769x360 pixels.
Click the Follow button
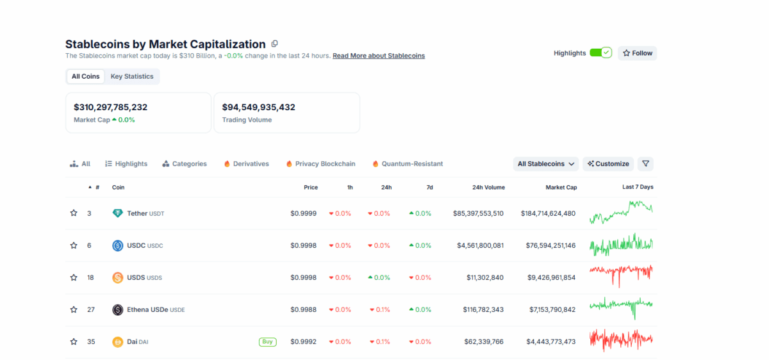tap(638, 53)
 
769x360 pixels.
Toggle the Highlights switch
tap(600, 53)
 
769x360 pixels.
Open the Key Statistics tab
tap(132, 76)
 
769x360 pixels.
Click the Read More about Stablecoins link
tap(378, 56)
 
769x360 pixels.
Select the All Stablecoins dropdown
tap(545, 164)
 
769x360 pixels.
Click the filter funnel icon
tap(645, 164)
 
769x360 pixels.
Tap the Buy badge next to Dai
tap(267, 341)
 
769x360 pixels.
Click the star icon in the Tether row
tap(74, 213)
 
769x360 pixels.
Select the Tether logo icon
tap(117, 213)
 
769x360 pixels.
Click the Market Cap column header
tap(561, 188)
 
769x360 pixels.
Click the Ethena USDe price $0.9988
tap(303, 309)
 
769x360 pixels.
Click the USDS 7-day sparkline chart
tap(620, 275)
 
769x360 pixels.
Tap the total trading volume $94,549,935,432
tap(258, 107)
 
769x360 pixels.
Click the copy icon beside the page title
tap(274, 44)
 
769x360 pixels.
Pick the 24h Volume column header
tap(488, 188)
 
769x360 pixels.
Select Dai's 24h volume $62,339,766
tap(483, 341)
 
